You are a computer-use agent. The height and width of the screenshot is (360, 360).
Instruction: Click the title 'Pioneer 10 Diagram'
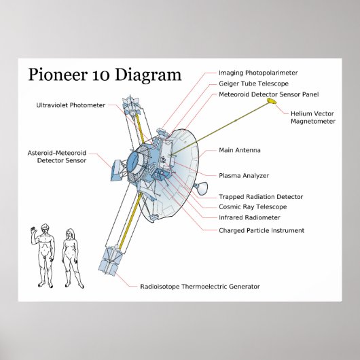(105, 75)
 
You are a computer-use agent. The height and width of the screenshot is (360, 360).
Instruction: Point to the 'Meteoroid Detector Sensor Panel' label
(268, 94)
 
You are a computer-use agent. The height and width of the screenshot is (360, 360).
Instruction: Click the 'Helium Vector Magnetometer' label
(312, 118)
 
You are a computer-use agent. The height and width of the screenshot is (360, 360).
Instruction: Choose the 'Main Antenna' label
(239, 149)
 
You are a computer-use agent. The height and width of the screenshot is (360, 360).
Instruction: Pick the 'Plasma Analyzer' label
(243, 175)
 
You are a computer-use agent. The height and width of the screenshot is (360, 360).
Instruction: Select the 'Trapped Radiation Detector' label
(260, 196)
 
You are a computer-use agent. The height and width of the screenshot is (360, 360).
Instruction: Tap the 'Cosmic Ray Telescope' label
(252, 206)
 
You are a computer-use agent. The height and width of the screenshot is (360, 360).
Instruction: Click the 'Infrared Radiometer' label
(249, 218)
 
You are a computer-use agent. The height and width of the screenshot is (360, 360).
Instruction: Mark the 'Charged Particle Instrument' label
(261, 230)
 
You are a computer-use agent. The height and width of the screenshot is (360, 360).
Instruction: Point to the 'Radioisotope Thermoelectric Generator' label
(199, 287)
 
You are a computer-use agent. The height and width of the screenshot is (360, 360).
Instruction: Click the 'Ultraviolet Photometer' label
(71, 105)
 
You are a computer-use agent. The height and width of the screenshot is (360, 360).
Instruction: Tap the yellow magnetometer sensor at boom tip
(271, 102)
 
